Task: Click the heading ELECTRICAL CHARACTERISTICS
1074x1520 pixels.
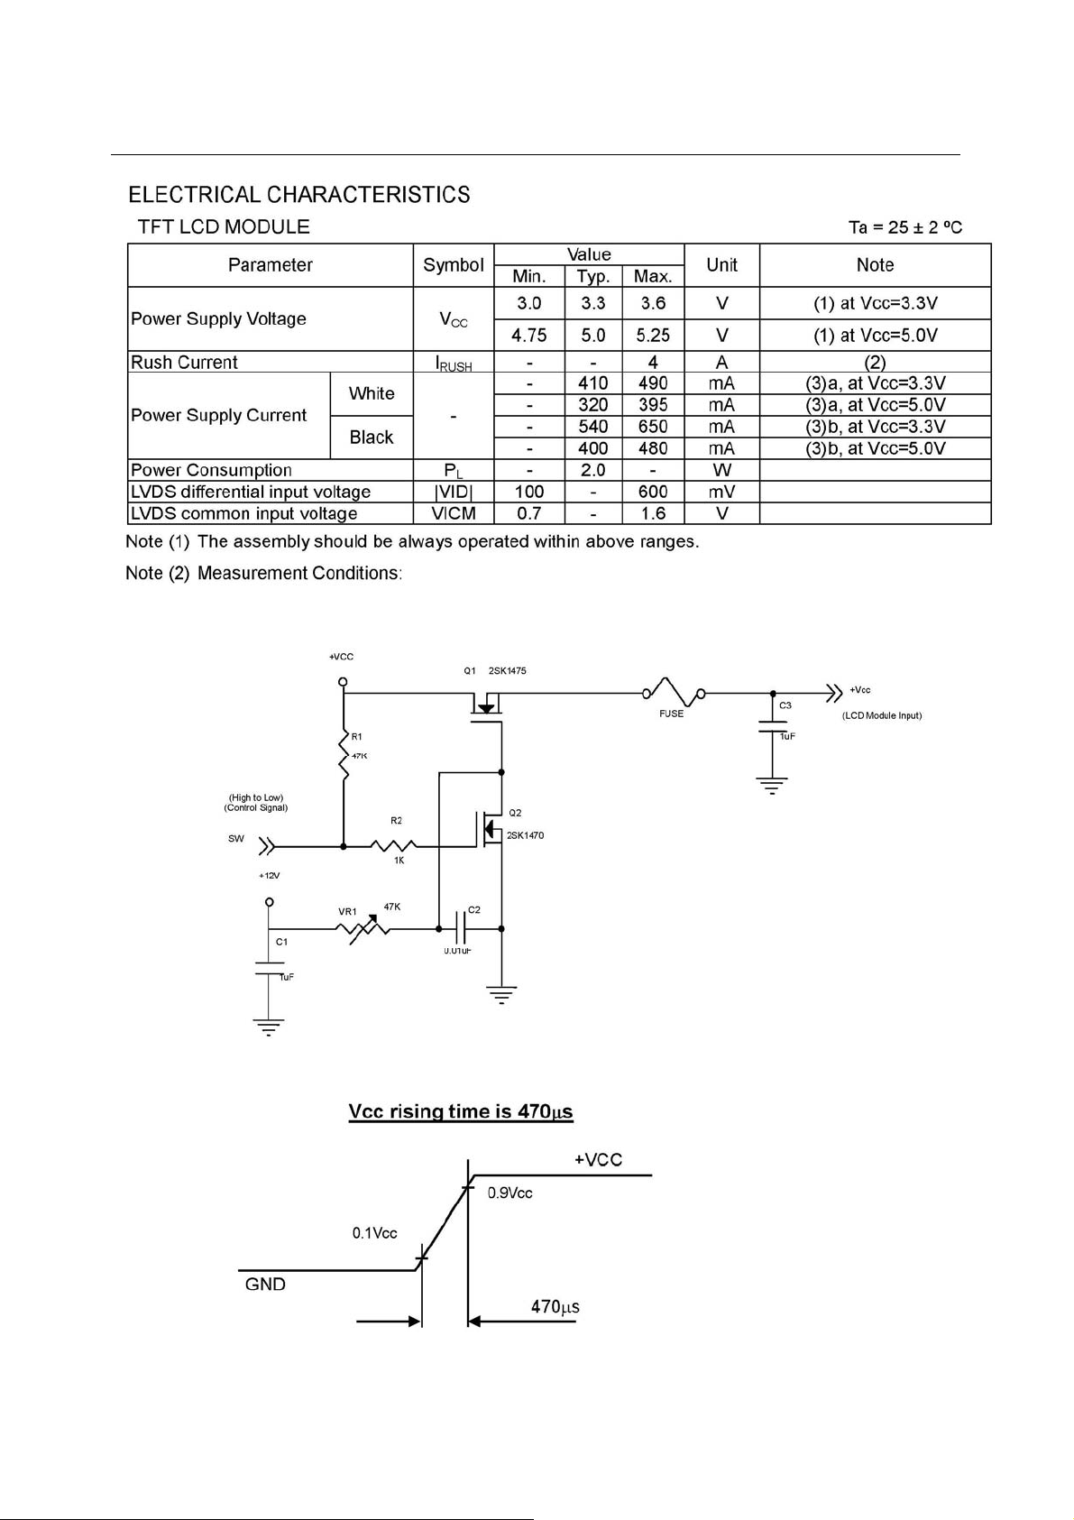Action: [x=299, y=195]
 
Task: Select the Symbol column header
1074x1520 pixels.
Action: [x=454, y=264]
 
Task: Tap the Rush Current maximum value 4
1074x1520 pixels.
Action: [x=653, y=362]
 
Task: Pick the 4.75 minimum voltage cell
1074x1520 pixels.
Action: [x=528, y=336]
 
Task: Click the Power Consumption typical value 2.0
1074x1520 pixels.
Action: [x=593, y=470]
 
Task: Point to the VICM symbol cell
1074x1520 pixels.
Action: [x=454, y=513]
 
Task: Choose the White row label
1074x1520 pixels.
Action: [x=372, y=393]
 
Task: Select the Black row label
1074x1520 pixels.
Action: [x=372, y=437]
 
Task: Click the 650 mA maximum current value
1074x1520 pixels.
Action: [x=653, y=426]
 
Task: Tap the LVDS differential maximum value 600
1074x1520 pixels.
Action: [x=653, y=492]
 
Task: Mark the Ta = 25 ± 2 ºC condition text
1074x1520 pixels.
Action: [x=905, y=227]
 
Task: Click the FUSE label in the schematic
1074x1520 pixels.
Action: [x=671, y=714]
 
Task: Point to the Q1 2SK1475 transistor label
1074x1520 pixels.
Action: [x=494, y=670]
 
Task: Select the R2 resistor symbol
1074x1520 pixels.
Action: [x=393, y=845]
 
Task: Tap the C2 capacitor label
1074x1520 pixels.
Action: [x=474, y=909]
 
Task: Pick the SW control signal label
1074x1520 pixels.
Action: [x=236, y=839]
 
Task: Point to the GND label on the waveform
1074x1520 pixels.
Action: [x=265, y=1284]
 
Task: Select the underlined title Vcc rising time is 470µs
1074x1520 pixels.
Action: [x=461, y=1111]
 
